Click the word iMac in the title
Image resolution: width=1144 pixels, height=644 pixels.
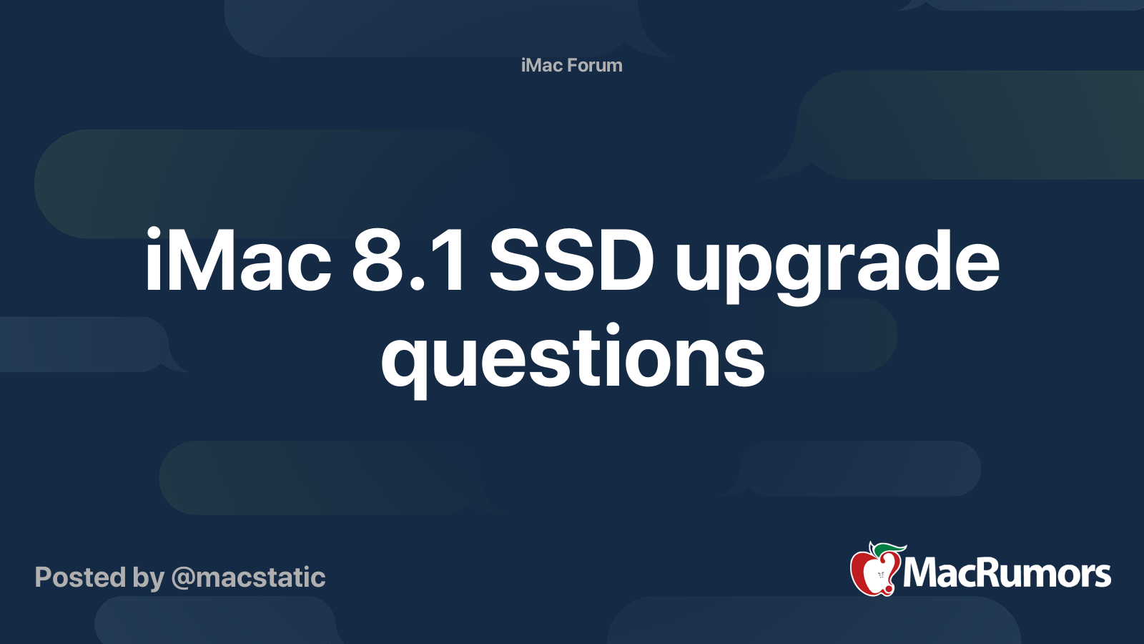(x=238, y=261)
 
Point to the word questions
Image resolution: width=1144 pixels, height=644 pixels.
(x=572, y=358)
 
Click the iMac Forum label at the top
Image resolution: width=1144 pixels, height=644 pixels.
(x=571, y=65)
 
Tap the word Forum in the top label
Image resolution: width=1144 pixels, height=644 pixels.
(x=594, y=65)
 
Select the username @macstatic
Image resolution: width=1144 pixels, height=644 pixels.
(x=248, y=577)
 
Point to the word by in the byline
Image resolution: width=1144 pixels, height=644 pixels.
(x=148, y=578)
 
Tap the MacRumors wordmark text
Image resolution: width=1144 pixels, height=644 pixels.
(x=1007, y=573)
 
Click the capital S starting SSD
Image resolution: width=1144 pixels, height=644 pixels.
(x=513, y=261)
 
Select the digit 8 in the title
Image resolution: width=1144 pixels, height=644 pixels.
(x=377, y=261)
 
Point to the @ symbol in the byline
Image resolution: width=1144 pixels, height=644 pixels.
(x=183, y=578)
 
